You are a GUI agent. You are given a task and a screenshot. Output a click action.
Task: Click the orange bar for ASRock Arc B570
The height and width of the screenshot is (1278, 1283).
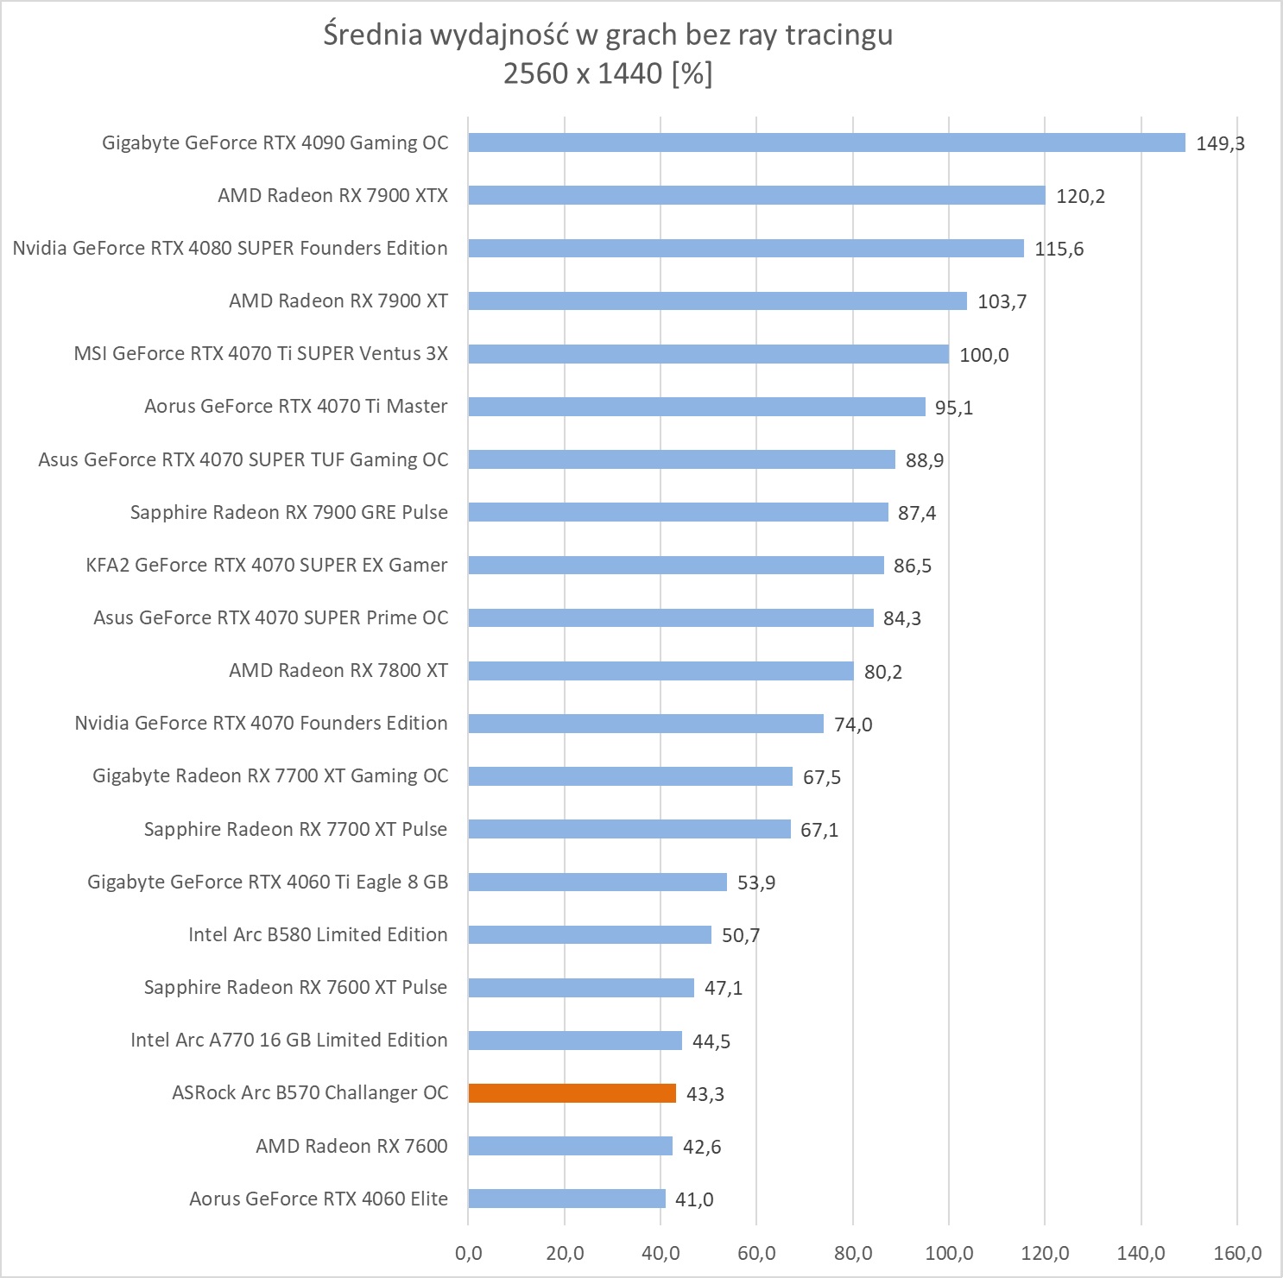tap(572, 1093)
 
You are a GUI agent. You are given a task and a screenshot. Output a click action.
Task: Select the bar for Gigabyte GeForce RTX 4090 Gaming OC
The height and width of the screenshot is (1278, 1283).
tap(826, 142)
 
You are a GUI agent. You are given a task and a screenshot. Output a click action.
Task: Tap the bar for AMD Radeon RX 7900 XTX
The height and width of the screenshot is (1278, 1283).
tap(756, 195)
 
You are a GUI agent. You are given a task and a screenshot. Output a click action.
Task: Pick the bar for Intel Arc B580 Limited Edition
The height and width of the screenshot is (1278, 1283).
tap(590, 934)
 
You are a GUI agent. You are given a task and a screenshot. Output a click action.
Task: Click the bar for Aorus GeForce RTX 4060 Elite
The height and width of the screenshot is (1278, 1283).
tap(566, 1199)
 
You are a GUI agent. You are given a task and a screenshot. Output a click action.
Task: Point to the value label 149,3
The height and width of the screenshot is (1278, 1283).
tap(1220, 143)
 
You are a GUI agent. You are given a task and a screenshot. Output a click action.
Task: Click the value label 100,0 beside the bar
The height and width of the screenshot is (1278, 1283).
tap(983, 355)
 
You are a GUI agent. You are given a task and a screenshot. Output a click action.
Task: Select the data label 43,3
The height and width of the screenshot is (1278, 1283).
tap(705, 1094)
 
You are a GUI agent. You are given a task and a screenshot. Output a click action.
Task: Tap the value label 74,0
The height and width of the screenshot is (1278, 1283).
tap(853, 724)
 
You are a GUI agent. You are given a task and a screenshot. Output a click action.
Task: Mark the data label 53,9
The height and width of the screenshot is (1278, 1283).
tap(756, 883)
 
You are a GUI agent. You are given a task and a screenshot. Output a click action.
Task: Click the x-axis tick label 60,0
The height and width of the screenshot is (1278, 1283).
tap(756, 1253)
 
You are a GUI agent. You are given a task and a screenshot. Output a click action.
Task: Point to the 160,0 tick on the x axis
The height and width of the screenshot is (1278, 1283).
tap(1236, 1253)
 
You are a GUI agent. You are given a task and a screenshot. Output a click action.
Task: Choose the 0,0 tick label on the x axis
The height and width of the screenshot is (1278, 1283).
tap(468, 1253)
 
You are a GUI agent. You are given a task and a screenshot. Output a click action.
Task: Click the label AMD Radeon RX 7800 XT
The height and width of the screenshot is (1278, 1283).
tap(338, 670)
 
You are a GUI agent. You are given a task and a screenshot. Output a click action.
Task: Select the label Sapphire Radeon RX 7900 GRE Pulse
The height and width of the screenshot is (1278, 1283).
tap(289, 512)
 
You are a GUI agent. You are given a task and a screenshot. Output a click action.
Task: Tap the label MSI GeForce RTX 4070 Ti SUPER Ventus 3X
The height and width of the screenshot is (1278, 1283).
tap(261, 353)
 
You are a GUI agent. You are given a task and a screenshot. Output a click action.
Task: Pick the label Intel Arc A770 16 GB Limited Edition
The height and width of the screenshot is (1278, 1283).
tap(289, 1040)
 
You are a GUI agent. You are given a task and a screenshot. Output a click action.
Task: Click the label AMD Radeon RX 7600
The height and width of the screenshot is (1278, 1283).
tap(351, 1146)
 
